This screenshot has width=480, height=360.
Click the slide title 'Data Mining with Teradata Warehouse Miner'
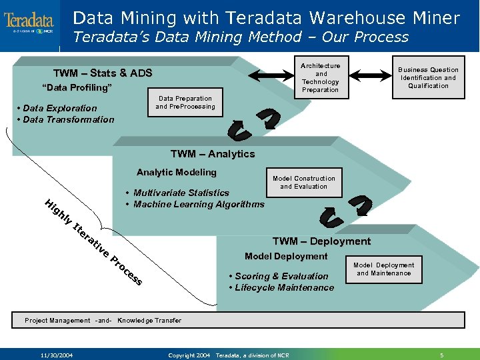pyautogui.click(x=266, y=17)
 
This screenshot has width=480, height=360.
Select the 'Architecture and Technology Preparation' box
pyautogui.click(x=320, y=77)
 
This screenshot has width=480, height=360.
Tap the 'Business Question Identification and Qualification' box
pyautogui.click(x=428, y=77)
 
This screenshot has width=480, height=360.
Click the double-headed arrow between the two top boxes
pyautogui.click(x=270, y=77)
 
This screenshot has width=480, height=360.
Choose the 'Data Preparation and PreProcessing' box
pyautogui.click(x=185, y=102)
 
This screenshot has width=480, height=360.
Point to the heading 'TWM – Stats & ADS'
pyautogui.click(x=103, y=73)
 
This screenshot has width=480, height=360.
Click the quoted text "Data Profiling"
pyautogui.click(x=77, y=88)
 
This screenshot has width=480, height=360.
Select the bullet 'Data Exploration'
pyautogui.click(x=59, y=108)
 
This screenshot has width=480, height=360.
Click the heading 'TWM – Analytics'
pyautogui.click(x=212, y=154)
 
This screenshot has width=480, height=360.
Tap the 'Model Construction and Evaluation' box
pyautogui.click(x=303, y=182)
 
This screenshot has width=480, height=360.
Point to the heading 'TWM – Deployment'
pyautogui.click(x=321, y=241)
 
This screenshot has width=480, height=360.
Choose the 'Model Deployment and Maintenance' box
pyautogui.click(x=383, y=269)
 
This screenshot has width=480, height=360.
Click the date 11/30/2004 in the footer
pyautogui.click(x=56, y=354)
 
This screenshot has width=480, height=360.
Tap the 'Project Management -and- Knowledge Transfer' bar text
pyautogui.click(x=103, y=321)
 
